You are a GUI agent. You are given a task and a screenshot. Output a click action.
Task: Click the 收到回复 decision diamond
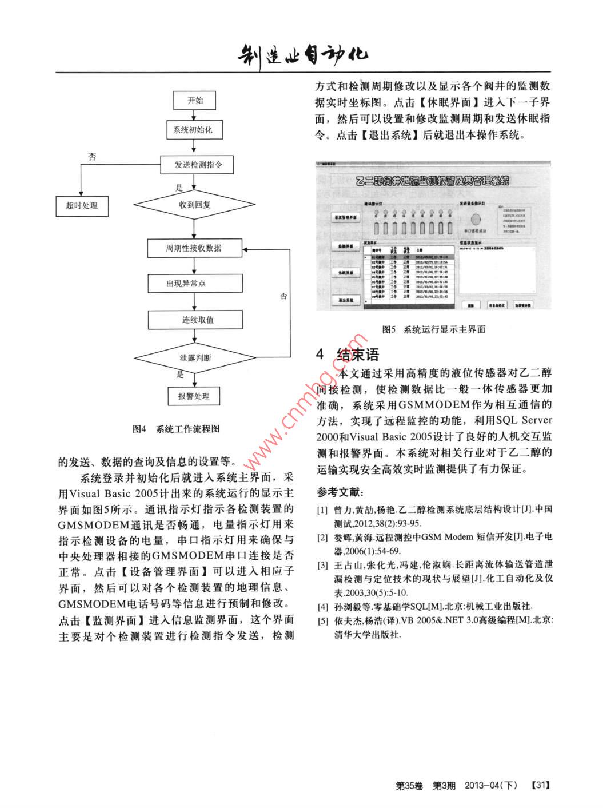click(195, 204)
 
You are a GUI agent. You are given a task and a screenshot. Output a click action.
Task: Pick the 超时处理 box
click(82, 205)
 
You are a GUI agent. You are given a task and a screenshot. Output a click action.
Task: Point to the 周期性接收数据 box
click(194, 249)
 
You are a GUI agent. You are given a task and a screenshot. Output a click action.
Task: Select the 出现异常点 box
click(187, 284)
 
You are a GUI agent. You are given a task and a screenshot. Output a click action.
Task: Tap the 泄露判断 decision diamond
click(195, 358)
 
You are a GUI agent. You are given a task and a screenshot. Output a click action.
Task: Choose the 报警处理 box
click(194, 396)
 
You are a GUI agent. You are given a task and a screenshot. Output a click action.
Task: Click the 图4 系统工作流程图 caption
click(176, 429)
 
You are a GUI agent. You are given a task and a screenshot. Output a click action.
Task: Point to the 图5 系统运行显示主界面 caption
click(433, 329)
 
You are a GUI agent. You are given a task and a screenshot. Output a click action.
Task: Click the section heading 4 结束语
click(348, 355)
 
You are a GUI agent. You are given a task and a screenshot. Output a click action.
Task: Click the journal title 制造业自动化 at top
click(303, 54)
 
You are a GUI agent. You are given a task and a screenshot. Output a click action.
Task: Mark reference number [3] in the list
click(322, 566)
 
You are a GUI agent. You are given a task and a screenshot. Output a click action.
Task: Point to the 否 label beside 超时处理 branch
click(92, 157)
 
